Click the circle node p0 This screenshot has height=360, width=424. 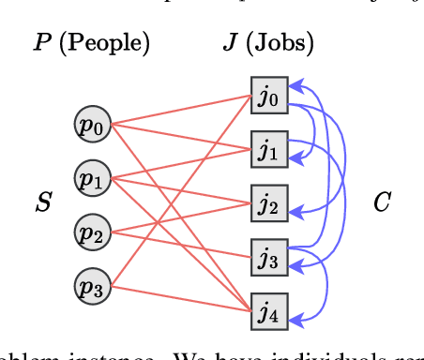click(93, 126)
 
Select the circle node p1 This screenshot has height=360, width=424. click(93, 178)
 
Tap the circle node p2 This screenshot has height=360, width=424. click(93, 232)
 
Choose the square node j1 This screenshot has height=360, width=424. click(268, 148)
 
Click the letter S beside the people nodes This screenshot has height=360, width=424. click(42, 202)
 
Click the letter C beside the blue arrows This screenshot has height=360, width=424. click(382, 202)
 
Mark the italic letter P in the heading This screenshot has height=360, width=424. click(42, 43)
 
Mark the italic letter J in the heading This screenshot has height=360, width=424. click(230, 43)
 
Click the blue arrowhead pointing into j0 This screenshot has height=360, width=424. click(293, 83)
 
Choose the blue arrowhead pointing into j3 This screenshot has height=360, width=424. click(293, 250)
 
